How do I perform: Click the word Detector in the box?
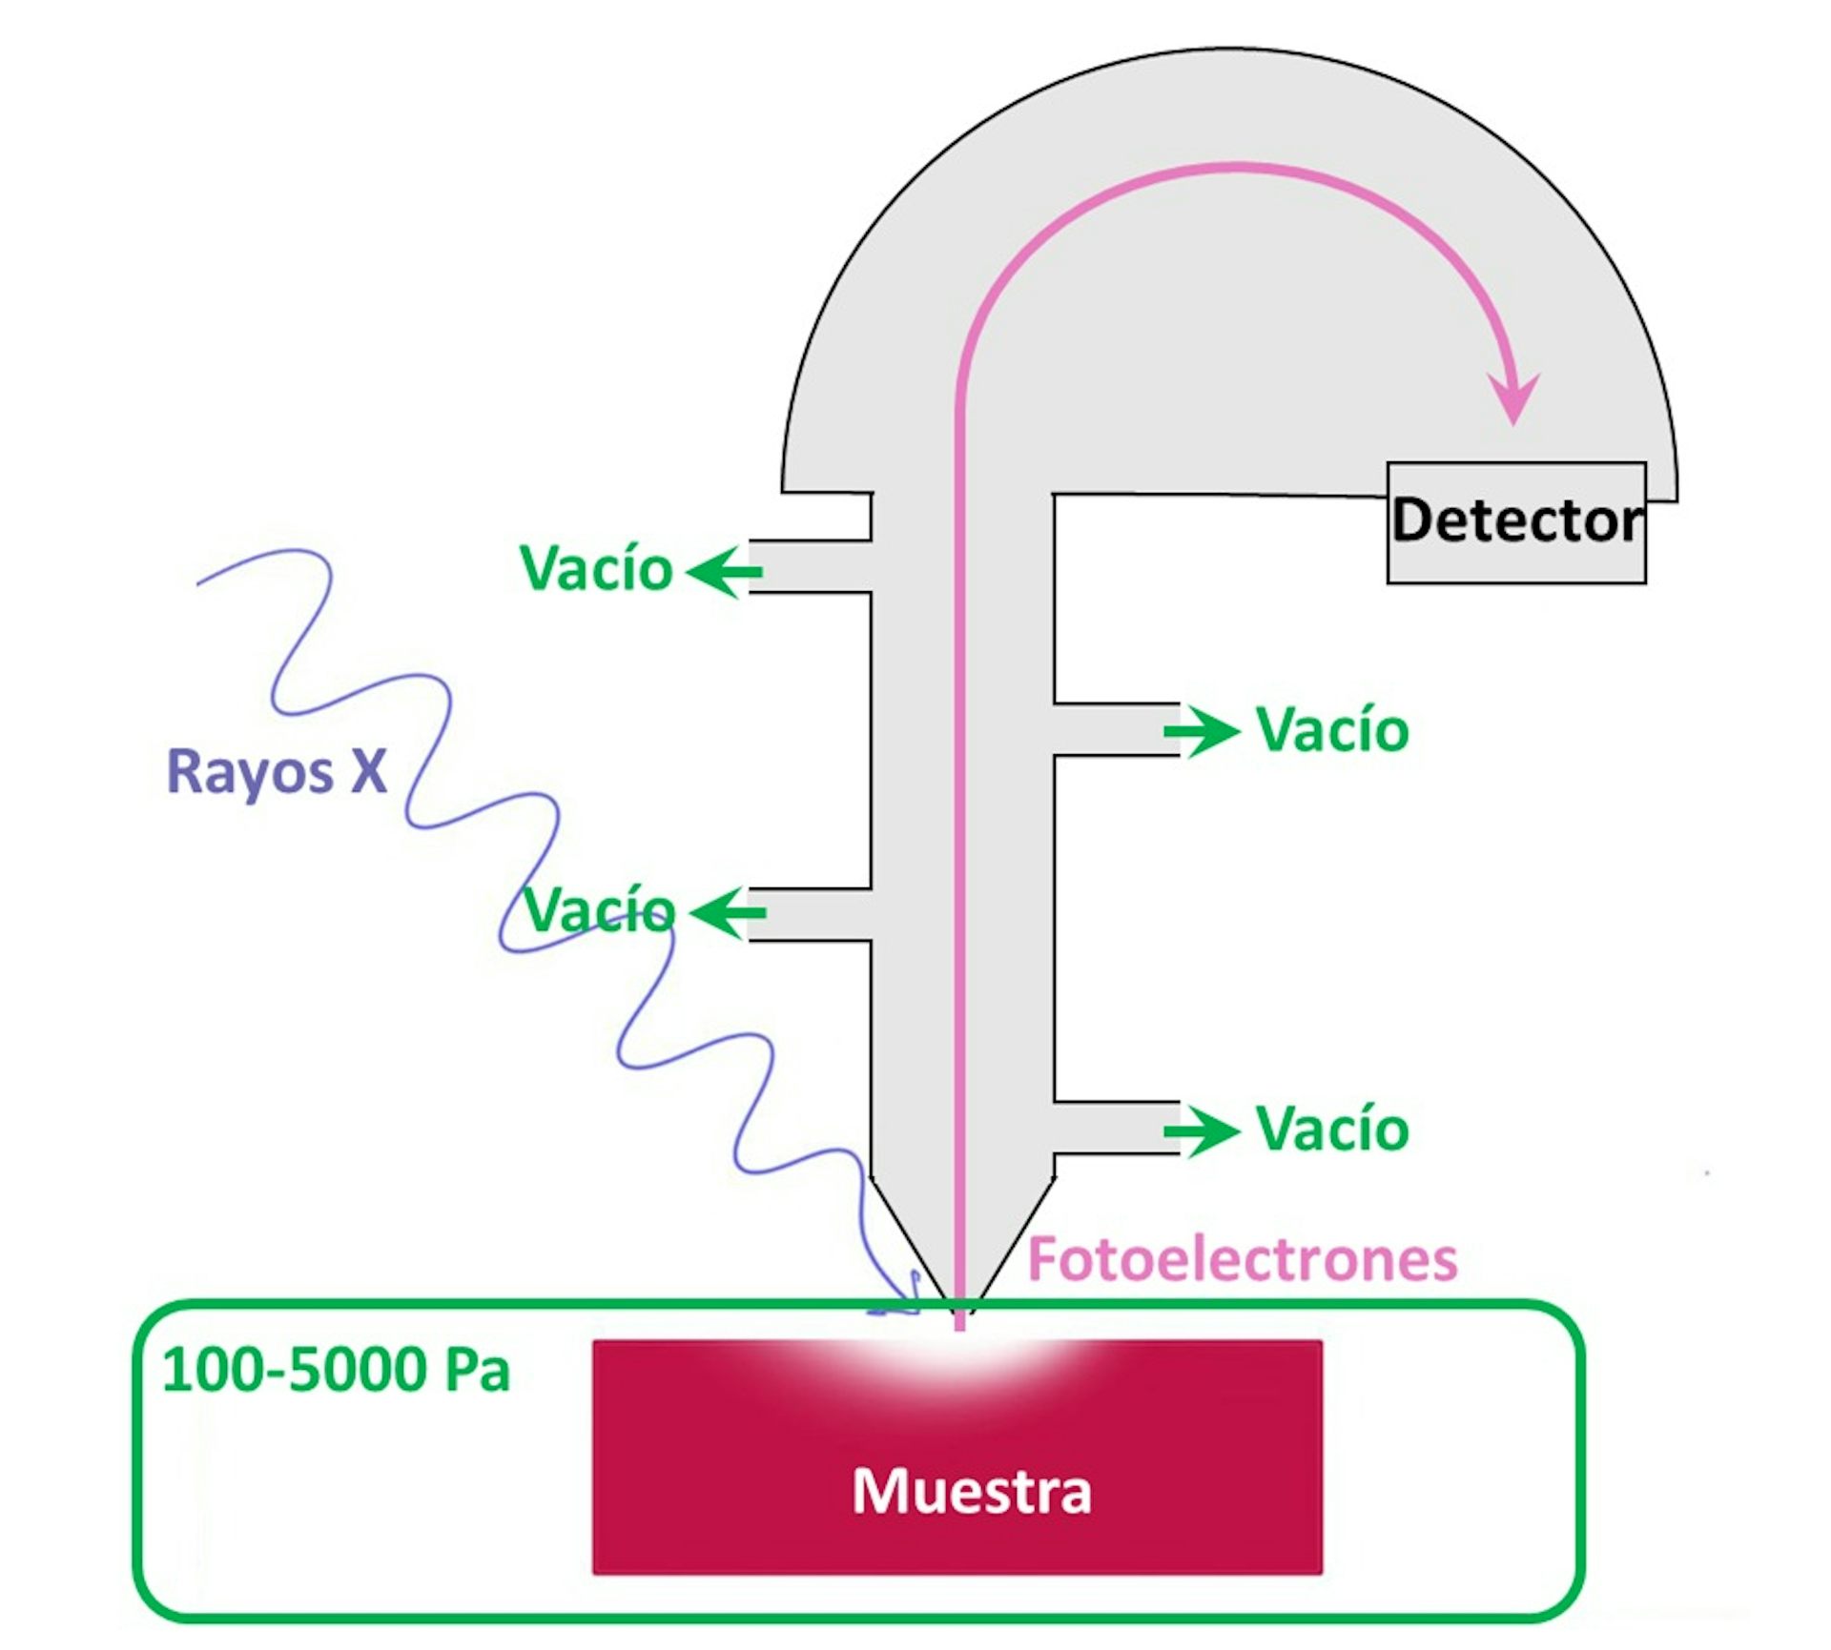coord(1517,520)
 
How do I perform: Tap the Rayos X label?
coord(277,771)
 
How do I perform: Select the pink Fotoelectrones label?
coord(1243,1259)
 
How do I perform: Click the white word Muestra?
coord(971,1492)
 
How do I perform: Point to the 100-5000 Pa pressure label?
coord(336,1371)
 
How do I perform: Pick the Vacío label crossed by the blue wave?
coord(600,910)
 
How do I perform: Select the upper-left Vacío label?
coord(596,569)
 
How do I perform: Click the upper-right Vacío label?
coord(1332,731)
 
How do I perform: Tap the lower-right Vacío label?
coord(1332,1130)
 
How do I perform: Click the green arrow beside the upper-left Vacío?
coord(724,572)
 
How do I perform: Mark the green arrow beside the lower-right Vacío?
coord(1202,1131)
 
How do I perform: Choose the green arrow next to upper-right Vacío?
coord(1202,732)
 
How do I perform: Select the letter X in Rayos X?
coord(368,771)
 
